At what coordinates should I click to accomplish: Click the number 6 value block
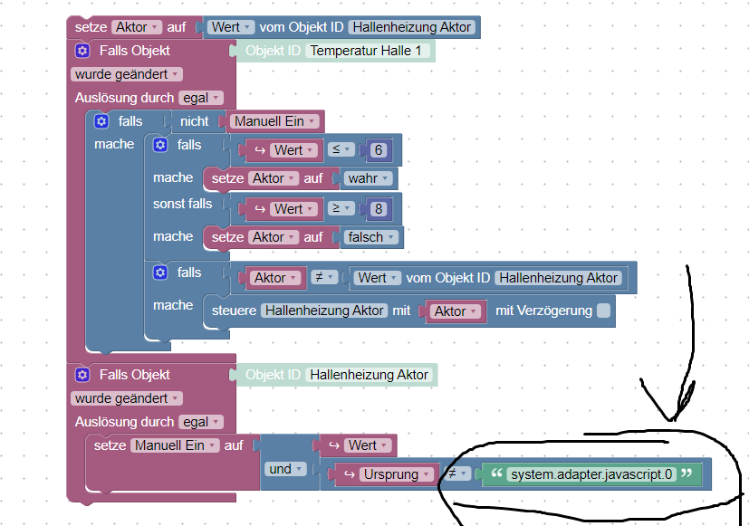[379, 150]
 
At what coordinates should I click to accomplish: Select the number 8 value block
[379, 209]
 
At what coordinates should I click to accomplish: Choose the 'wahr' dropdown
[368, 178]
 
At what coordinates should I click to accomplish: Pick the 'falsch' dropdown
[370, 237]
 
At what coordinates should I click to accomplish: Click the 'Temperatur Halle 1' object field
[366, 51]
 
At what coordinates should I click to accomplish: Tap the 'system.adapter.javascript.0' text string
[591, 474]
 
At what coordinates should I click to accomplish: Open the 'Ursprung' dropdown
[396, 474]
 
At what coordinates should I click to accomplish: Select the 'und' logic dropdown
[285, 469]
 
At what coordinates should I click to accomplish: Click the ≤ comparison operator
[341, 150]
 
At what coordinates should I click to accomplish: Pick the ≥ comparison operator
[341, 208]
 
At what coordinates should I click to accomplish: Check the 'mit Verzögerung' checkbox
[604, 311]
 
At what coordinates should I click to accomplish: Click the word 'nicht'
[195, 121]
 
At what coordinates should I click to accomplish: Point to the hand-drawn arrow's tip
[672, 420]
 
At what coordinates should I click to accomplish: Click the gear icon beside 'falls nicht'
[101, 121]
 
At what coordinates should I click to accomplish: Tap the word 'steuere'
[234, 311]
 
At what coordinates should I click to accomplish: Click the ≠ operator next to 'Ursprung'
[457, 474]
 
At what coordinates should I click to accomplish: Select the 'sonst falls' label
[182, 204]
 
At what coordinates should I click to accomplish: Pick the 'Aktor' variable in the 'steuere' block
[455, 311]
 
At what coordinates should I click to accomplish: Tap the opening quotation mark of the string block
[497, 473]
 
